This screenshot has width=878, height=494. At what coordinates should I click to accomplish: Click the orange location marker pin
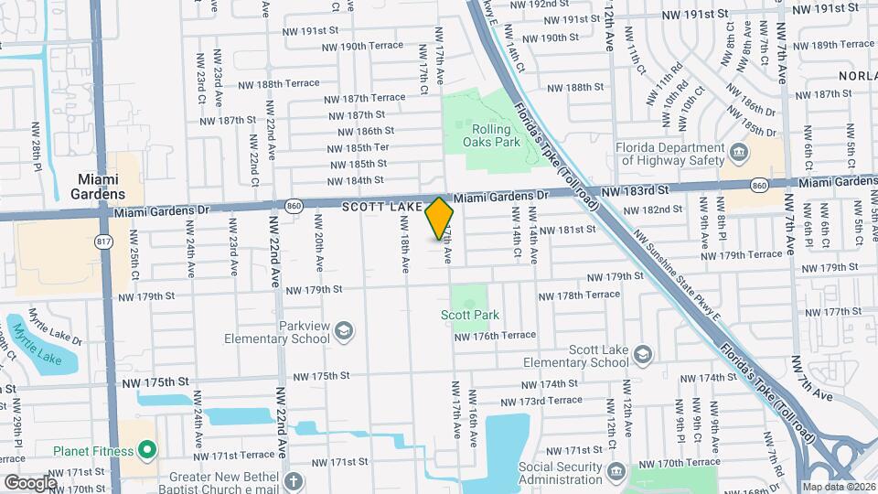(x=440, y=219)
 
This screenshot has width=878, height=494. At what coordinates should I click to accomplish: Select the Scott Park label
(x=470, y=315)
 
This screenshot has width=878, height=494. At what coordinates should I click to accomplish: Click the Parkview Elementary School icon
(x=344, y=330)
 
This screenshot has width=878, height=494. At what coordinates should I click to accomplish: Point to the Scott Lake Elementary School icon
(x=643, y=354)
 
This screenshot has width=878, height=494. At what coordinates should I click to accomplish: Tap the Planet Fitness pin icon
(x=146, y=450)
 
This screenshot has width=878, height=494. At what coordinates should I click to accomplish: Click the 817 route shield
(x=103, y=242)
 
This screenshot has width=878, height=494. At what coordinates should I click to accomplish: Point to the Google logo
(x=30, y=481)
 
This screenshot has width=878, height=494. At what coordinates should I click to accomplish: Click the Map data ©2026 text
(x=839, y=487)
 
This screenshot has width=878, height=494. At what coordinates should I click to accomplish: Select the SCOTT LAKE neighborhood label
(x=382, y=208)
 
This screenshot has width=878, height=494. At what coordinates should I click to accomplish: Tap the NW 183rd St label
(x=637, y=190)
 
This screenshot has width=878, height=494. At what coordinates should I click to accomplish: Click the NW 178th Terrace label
(x=578, y=295)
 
